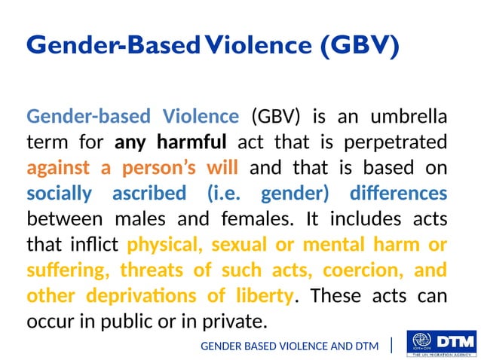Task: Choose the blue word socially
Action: click(60, 194)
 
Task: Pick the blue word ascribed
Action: click(149, 194)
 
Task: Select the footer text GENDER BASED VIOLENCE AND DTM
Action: click(289, 346)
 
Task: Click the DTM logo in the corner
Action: click(440, 344)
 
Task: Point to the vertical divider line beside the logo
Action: click(392, 345)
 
